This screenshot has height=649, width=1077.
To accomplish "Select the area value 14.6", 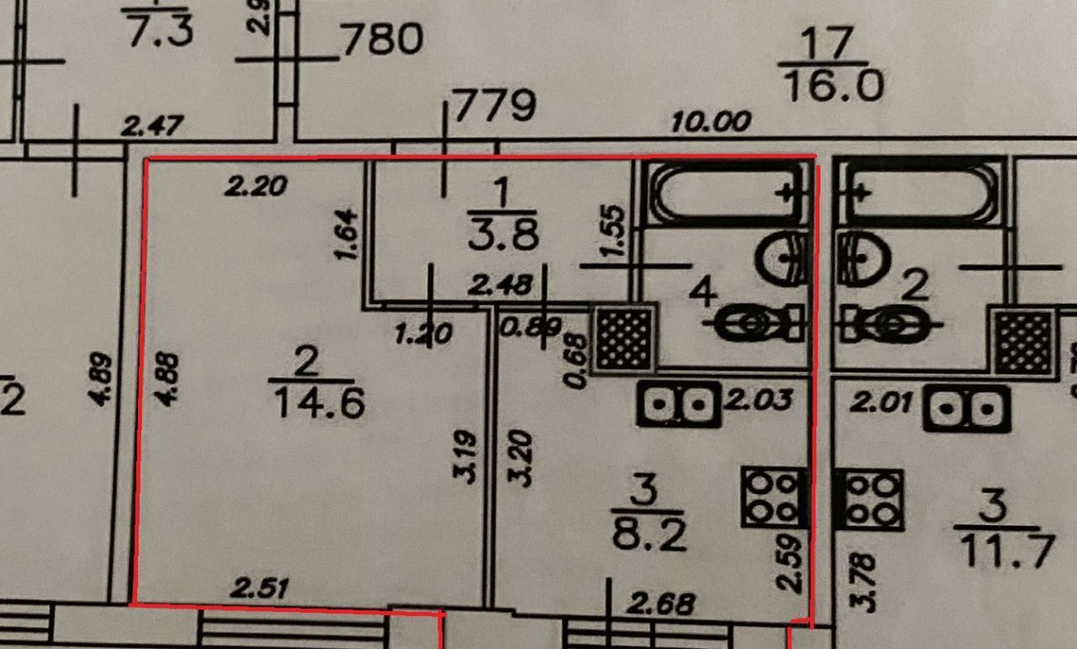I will pyautogui.click(x=319, y=405).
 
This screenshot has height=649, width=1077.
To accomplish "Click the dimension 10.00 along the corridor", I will pyautogui.click(x=711, y=123).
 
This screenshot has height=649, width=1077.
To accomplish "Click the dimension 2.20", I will pyautogui.click(x=257, y=184).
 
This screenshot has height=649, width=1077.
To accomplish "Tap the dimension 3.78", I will pyautogui.click(x=868, y=580).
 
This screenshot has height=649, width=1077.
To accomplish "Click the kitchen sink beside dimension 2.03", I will pyautogui.click(x=678, y=407).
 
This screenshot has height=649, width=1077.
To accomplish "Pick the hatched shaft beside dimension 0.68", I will pyautogui.click(x=624, y=338).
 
